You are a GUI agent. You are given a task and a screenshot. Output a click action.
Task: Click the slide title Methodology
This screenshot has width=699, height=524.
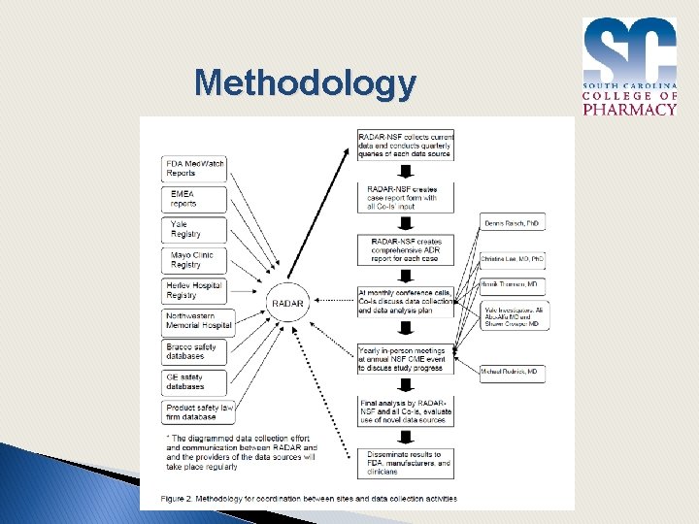(305, 83)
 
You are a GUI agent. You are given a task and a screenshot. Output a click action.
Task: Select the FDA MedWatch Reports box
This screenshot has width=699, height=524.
(194, 169)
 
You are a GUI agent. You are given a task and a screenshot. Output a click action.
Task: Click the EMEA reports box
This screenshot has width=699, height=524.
(194, 200)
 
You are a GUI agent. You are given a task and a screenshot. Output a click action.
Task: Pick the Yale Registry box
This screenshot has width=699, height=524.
(194, 230)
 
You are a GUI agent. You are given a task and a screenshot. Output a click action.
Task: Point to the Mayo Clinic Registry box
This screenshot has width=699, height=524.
(194, 260)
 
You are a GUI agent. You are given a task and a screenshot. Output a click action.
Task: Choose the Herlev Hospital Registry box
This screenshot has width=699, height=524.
(194, 290)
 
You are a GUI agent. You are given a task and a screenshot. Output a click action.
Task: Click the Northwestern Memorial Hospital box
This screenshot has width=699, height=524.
(197, 321)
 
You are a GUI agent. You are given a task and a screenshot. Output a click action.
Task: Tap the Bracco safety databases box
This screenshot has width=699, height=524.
(194, 351)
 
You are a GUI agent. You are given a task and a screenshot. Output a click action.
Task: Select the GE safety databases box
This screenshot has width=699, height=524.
(194, 381)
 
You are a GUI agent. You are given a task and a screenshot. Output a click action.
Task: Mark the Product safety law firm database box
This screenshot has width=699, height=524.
(197, 412)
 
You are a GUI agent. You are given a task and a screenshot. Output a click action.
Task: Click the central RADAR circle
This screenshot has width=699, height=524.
(288, 304)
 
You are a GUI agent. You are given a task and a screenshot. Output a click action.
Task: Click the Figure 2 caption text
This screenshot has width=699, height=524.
(299, 499)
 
